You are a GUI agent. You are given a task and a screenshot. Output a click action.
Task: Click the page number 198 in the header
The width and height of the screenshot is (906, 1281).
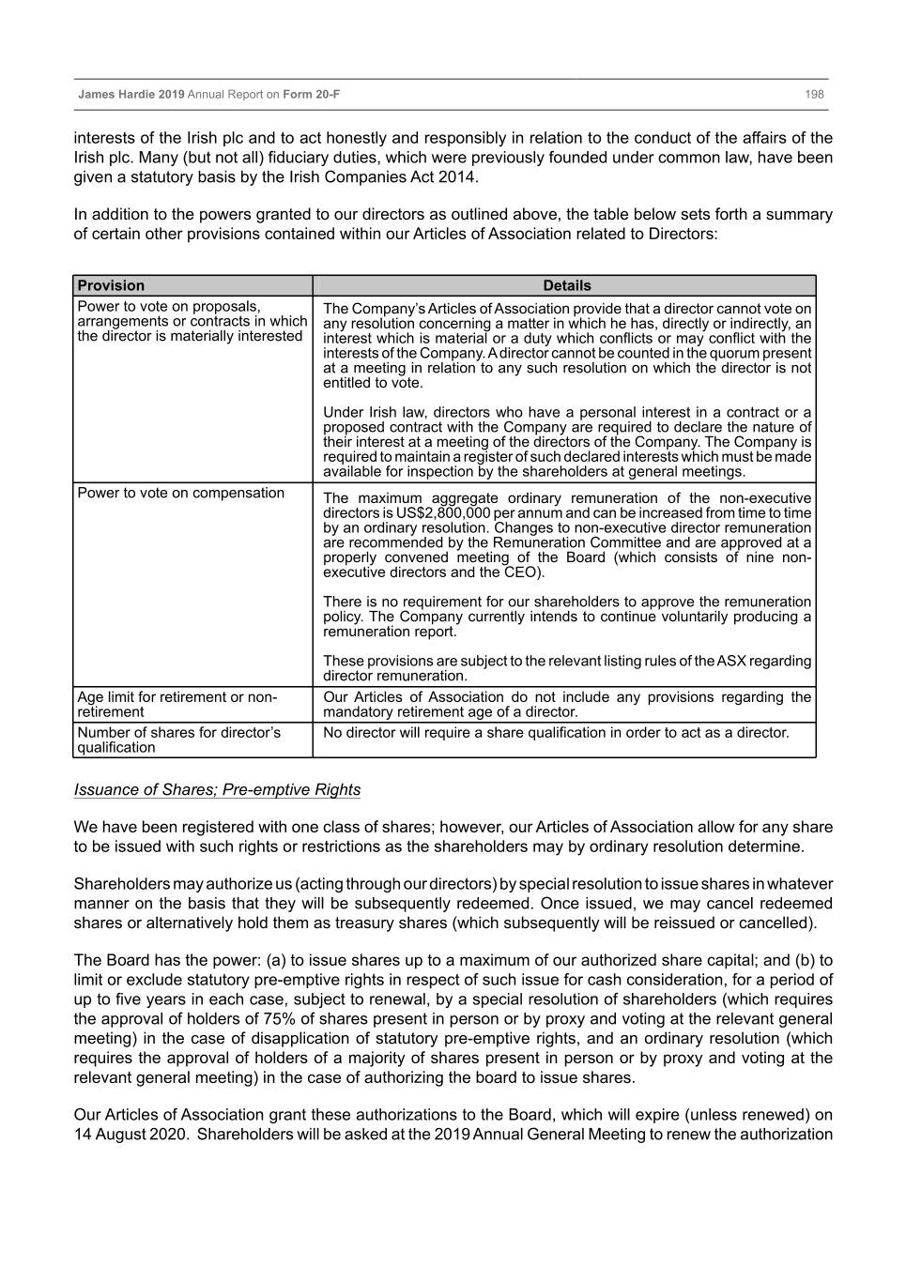(814, 95)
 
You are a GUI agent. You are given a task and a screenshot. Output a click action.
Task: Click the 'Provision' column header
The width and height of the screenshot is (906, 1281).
(111, 285)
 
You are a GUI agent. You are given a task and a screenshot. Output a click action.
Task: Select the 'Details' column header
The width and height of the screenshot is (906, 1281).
(567, 285)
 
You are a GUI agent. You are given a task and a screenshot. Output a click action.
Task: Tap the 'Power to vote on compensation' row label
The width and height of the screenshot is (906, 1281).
(180, 493)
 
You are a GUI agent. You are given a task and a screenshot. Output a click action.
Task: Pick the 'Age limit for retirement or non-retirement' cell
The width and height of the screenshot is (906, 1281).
(177, 704)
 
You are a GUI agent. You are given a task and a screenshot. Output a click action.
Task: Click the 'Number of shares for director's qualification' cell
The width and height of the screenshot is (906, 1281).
(178, 740)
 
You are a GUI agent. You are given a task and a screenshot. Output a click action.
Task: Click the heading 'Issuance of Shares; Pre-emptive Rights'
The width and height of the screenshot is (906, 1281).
(217, 789)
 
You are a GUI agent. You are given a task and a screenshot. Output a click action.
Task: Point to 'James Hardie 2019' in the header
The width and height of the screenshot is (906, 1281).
(131, 95)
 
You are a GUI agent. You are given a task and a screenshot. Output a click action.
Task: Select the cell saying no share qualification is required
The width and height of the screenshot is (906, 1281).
(556, 732)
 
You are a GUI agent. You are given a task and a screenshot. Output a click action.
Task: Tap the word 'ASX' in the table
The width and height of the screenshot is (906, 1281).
(731, 661)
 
